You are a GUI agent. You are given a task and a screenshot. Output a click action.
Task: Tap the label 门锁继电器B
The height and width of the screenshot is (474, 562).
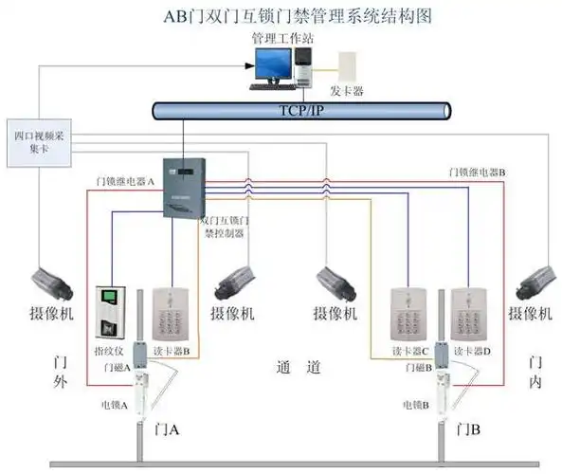(x=477, y=172)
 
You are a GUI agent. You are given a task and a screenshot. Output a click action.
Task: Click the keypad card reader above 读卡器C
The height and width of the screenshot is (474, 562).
(x=412, y=312)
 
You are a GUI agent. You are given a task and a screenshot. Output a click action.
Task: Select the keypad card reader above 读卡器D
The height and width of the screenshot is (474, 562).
(x=470, y=312)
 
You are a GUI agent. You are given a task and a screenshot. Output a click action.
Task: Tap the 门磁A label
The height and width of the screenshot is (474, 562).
(x=117, y=367)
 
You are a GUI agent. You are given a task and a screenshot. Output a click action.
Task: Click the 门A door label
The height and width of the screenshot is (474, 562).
(x=167, y=428)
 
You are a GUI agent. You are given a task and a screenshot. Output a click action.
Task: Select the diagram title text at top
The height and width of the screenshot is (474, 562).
(x=281, y=15)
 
